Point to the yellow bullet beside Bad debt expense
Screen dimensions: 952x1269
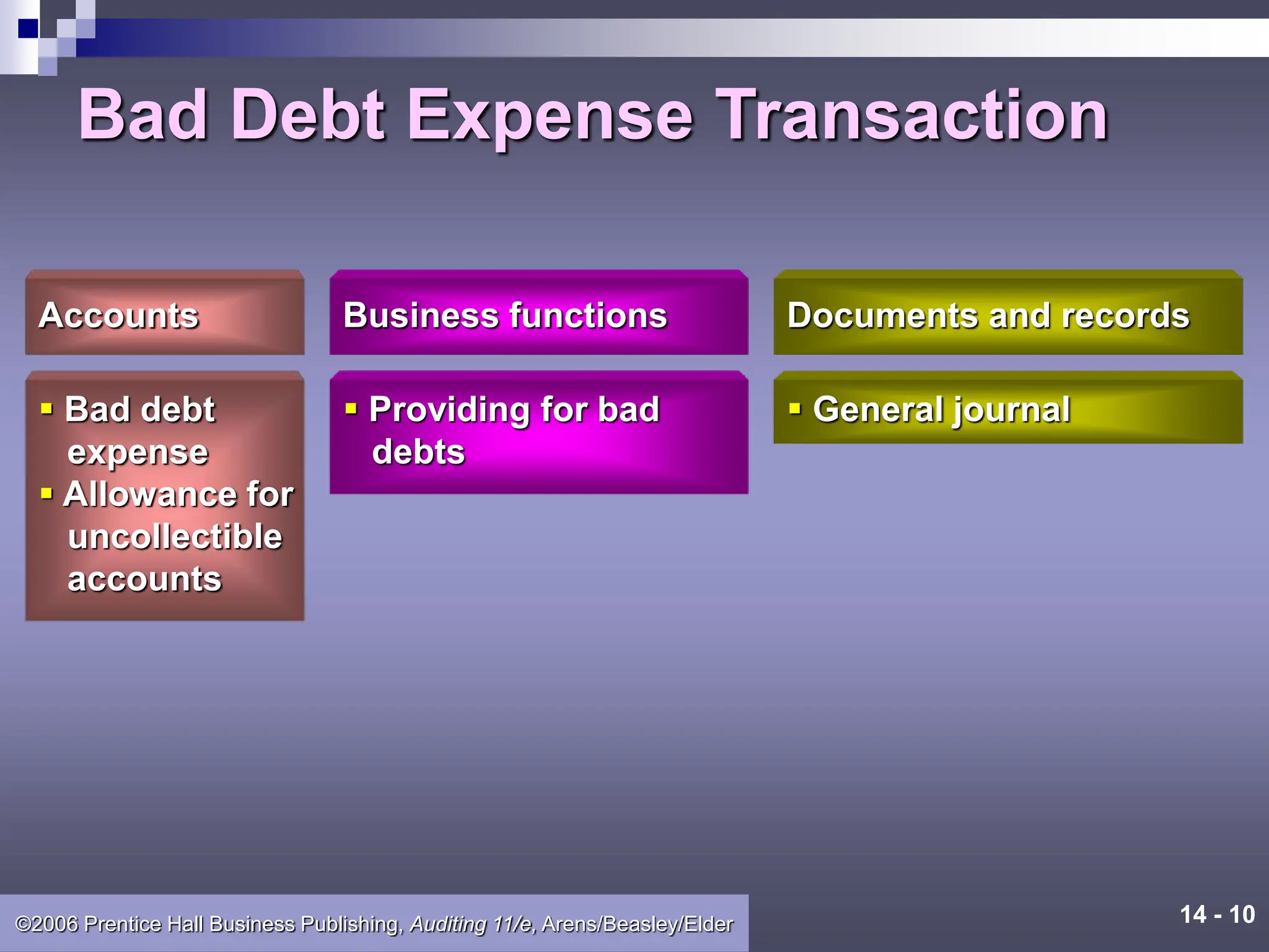(x=46, y=408)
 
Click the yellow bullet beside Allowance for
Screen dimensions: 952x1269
(x=46, y=493)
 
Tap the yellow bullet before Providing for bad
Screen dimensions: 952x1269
(x=351, y=408)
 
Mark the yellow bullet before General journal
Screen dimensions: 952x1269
(x=795, y=408)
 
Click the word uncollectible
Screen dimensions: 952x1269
(x=175, y=537)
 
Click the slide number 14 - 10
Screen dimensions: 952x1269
(x=1217, y=915)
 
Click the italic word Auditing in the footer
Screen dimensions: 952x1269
(x=447, y=924)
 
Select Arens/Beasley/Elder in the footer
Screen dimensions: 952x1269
(x=637, y=924)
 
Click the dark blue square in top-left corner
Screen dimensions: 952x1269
(x=29, y=29)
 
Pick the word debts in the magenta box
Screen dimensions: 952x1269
(x=418, y=452)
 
